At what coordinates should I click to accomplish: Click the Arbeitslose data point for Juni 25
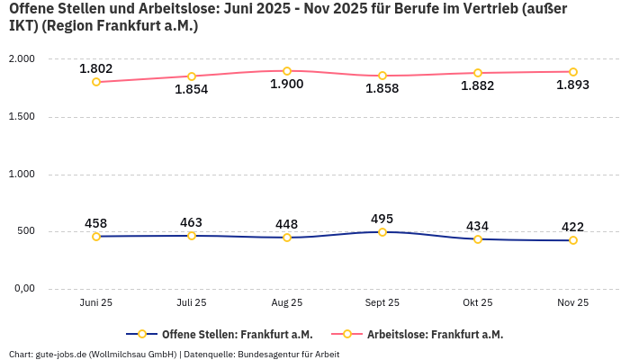pyautogui.click(x=96, y=82)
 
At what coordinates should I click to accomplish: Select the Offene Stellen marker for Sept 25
pyautogui.click(x=382, y=232)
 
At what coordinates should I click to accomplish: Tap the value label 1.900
pyautogui.click(x=287, y=85)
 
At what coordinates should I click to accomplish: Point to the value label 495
pyautogui.click(x=382, y=219)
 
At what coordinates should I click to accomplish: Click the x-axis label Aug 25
pyautogui.click(x=287, y=303)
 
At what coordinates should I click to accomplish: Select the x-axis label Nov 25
pyautogui.click(x=572, y=303)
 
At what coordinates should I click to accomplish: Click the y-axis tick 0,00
pyautogui.click(x=22, y=289)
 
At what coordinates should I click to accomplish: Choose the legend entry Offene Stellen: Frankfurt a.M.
pyautogui.click(x=225, y=334)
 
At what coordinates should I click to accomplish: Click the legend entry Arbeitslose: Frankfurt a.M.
pyautogui.click(x=435, y=334)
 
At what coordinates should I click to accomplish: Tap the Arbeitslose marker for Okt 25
pyautogui.click(x=478, y=73)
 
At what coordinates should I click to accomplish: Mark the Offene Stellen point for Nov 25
pyautogui.click(x=572, y=240)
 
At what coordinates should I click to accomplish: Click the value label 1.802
pyautogui.click(x=96, y=68)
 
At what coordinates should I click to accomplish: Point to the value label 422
pyautogui.click(x=572, y=227)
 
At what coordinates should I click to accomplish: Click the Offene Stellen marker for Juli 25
pyautogui.click(x=192, y=236)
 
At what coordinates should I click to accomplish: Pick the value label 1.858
pyautogui.click(x=382, y=89)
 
